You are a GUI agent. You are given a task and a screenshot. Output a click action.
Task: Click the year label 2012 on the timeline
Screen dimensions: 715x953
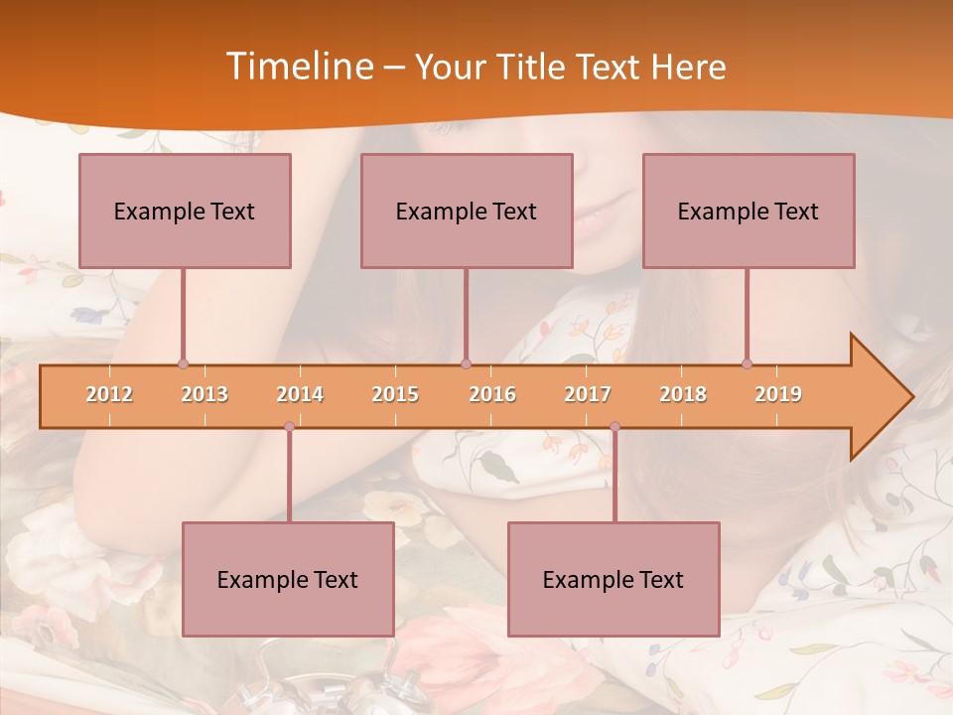click(109, 394)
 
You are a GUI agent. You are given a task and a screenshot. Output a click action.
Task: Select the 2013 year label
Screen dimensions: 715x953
click(204, 394)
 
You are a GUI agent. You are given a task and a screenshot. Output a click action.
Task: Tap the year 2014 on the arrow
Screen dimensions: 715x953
click(300, 394)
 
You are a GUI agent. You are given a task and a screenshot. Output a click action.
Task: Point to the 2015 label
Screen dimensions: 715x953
click(395, 394)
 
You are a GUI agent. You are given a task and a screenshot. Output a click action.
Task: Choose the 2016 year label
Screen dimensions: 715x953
click(492, 394)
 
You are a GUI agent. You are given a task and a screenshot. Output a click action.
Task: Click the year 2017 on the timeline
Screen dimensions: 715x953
click(588, 394)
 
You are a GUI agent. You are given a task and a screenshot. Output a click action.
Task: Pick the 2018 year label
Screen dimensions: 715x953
click(683, 394)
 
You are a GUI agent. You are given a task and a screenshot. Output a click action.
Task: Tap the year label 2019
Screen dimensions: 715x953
click(778, 394)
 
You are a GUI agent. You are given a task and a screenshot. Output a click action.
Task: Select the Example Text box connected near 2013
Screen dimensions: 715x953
click(185, 211)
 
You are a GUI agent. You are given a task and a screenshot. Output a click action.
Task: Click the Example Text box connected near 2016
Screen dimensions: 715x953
click(467, 211)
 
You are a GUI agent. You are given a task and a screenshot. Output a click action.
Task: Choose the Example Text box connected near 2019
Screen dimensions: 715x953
click(749, 211)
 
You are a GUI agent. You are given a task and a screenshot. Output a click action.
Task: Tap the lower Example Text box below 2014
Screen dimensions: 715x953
click(288, 579)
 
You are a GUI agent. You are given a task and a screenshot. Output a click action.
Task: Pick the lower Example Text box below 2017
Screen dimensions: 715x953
click(613, 579)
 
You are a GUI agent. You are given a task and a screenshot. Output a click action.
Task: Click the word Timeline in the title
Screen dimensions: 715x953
click(299, 67)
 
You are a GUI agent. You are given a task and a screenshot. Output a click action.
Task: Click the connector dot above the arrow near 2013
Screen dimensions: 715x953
click(183, 363)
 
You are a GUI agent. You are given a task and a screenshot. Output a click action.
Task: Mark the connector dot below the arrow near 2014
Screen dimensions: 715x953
click(289, 426)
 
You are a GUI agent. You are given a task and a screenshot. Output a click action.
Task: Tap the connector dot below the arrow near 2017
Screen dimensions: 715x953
click(614, 426)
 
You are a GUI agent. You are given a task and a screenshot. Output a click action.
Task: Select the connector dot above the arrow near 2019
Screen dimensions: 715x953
click(747, 363)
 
